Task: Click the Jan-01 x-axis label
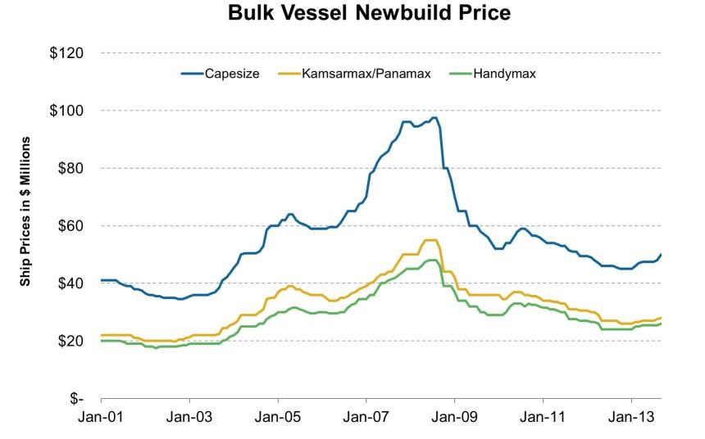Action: coord(101,416)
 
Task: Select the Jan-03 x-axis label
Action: coord(189,416)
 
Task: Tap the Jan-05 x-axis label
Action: coord(278,416)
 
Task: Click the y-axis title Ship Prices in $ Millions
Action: coord(25,224)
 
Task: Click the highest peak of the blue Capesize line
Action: coord(434,117)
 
